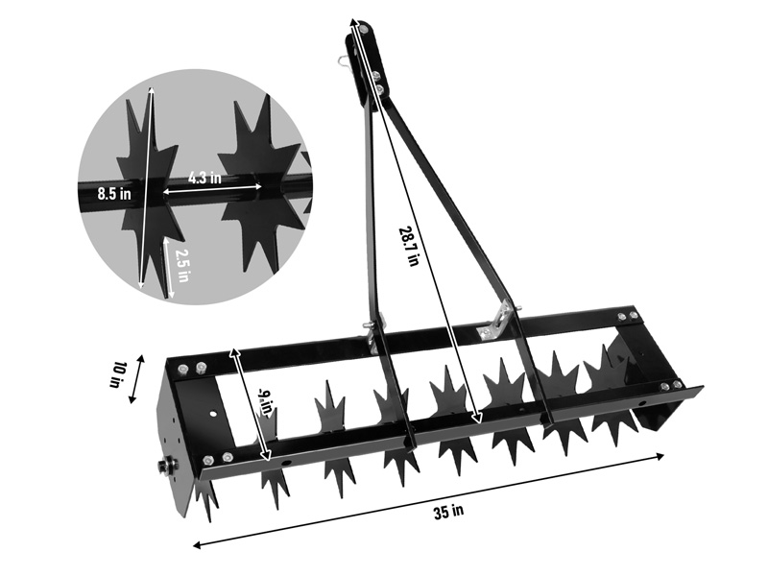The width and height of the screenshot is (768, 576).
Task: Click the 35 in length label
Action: tap(447, 510)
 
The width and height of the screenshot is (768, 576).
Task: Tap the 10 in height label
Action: tap(119, 374)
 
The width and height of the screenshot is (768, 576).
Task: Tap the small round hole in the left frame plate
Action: tap(211, 414)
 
